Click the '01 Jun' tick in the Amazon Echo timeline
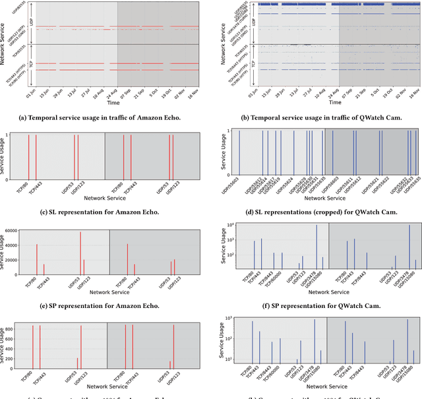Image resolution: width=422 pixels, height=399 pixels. [30, 96]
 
